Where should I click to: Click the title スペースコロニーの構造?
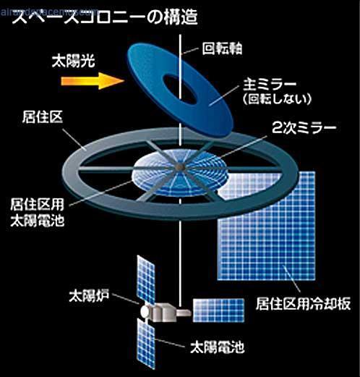105,17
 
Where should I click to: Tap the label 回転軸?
222,48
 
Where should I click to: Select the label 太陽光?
74,61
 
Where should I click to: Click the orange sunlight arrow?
93,81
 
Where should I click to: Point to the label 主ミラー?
270,85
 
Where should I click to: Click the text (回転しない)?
277,99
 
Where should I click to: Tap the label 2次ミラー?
304,127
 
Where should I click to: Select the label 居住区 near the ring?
43,117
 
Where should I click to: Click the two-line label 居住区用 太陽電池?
38,213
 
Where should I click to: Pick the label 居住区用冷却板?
303,303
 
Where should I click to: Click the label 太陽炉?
89,295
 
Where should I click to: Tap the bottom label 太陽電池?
218,347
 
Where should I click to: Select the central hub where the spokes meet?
179,166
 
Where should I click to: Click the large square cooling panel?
267,226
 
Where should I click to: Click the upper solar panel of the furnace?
146,280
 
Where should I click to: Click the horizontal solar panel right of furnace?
218,310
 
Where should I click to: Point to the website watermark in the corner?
49,12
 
